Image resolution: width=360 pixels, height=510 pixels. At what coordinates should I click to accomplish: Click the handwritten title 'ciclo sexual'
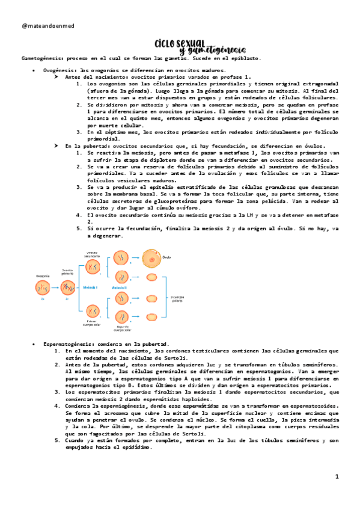177,43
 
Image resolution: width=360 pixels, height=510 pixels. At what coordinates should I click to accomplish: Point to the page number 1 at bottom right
337,476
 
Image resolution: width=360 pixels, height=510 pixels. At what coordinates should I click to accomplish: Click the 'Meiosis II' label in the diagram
119,288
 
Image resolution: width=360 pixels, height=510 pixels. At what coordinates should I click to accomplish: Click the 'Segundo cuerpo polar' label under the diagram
122,327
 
